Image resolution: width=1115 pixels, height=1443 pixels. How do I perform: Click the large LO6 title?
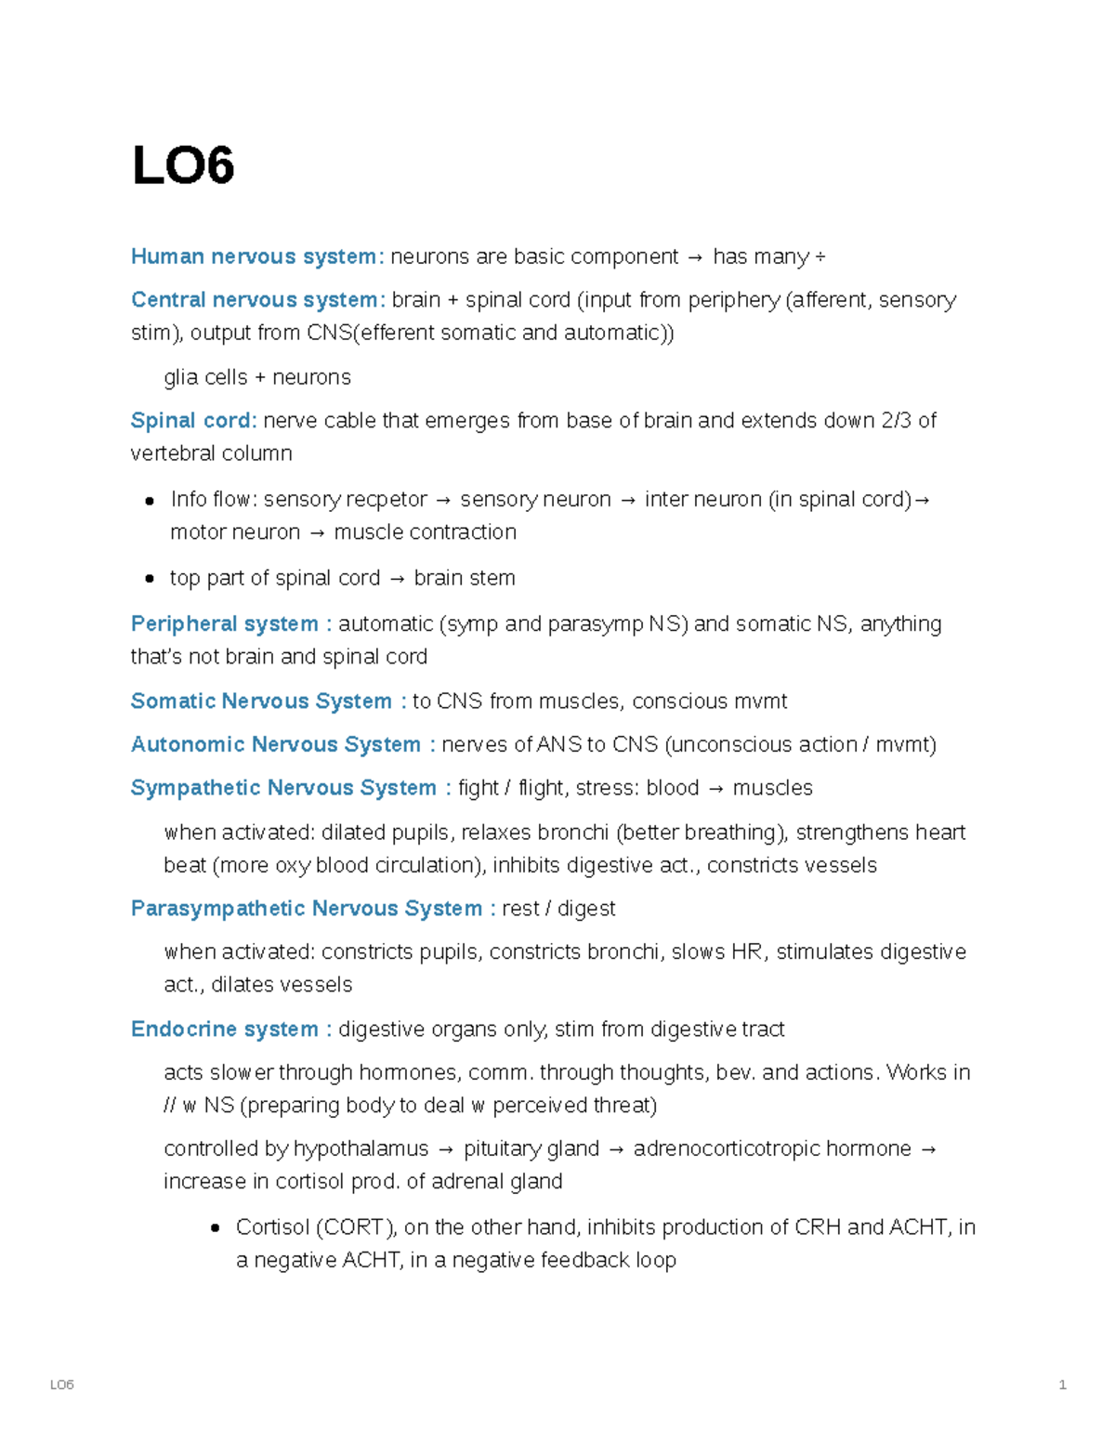tap(183, 166)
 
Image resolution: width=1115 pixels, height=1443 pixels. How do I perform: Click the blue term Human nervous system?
tap(257, 256)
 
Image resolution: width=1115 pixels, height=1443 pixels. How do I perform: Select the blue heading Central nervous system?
tap(257, 300)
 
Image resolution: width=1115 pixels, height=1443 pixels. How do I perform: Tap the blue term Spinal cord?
tap(193, 421)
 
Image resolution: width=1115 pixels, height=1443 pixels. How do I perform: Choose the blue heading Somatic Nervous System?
tap(261, 702)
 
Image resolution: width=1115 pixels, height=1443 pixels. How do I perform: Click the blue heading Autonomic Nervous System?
tap(276, 745)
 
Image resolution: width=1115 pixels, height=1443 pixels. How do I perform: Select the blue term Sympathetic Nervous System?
tap(283, 788)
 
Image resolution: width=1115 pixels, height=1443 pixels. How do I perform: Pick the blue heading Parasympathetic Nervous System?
tap(307, 909)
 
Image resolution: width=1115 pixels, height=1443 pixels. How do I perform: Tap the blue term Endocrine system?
tap(225, 1030)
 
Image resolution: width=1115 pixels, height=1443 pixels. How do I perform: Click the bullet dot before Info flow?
tap(150, 501)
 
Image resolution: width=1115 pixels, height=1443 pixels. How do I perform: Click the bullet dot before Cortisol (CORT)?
tap(216, 1228)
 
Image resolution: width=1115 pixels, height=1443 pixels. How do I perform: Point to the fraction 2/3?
tap(897, 421)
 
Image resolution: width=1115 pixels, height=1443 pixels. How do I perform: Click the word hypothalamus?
tap(361, 1149)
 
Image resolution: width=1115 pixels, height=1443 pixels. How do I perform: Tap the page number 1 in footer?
tap(1062, 1385)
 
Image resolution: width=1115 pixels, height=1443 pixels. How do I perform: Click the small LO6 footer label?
tap(61, 1385)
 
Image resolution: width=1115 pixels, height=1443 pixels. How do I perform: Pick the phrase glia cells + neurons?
tap(257, 377)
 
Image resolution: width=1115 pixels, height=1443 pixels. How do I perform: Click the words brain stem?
tap(465, 578)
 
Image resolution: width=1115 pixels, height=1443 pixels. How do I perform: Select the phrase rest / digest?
tap(558, 909)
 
